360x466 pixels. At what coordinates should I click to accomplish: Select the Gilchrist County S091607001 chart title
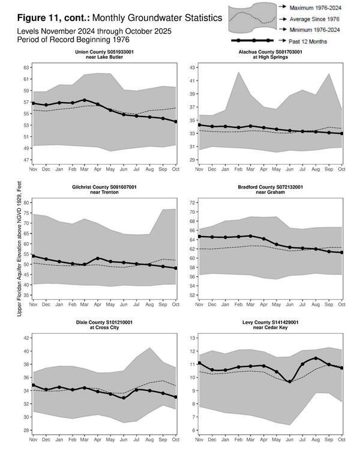coord(104,190)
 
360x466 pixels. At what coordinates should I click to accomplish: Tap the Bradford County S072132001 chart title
coord(271,190)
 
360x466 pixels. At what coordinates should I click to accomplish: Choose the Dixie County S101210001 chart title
coord(104,325)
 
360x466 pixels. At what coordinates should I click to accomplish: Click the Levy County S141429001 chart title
coord(271,325)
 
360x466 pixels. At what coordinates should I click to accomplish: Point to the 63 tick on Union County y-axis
coord(26,68)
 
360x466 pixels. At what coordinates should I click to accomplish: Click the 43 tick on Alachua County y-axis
coord(192,68)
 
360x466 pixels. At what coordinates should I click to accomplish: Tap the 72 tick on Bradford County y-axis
coord(192,203)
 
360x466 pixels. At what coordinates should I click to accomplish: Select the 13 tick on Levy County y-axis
coord(192,338)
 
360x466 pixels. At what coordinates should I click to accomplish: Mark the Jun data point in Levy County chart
coord(290,382)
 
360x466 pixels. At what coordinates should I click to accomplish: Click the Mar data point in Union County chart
coord(85,100)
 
